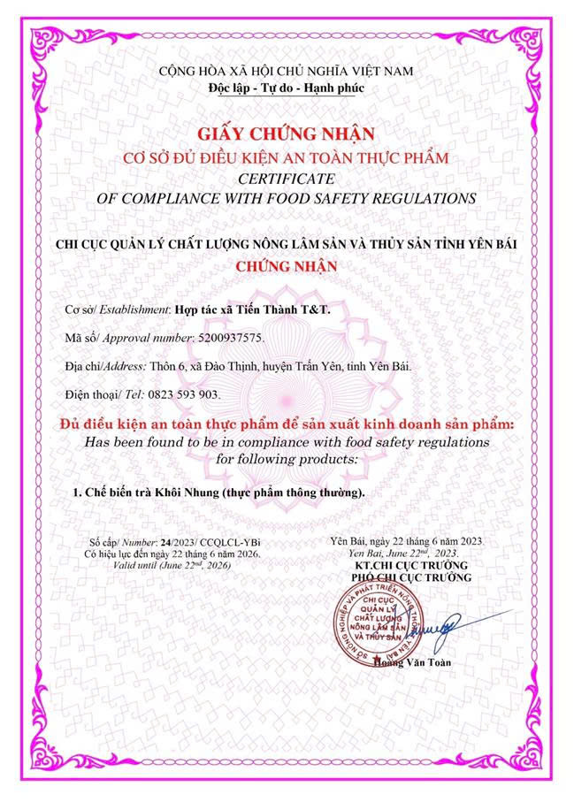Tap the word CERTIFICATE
(x=287, y=177)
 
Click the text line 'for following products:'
(x=287, y=459)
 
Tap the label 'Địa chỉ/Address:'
(x=99, y=366)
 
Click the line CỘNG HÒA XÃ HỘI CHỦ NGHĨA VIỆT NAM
(x=287, y=70)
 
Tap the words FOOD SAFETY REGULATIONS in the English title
(x=386, y=197)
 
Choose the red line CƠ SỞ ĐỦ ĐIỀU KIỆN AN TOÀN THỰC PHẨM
(x=287, y=157)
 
